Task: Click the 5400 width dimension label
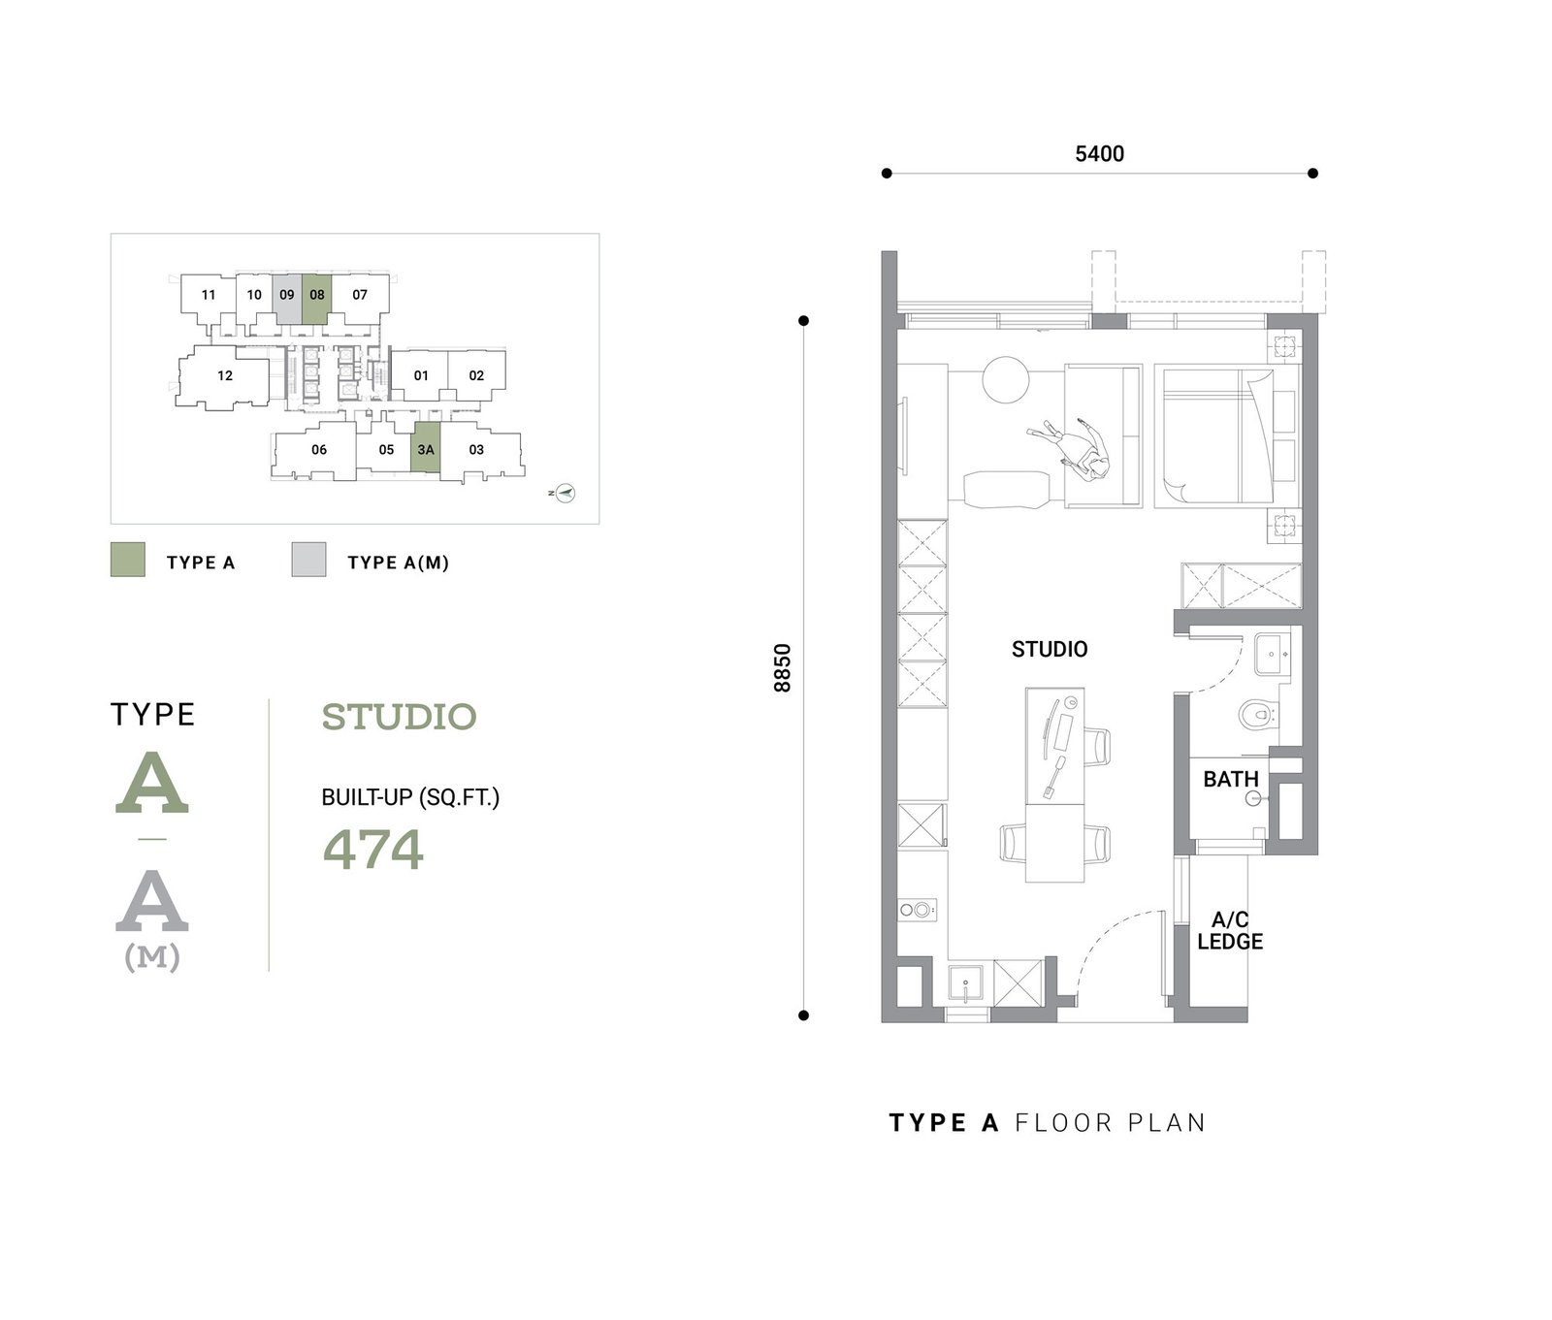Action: click(1099, 153)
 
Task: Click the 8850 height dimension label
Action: click(783, 668)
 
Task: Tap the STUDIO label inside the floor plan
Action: click(1050, 649)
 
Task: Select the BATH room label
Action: click(1231, 779)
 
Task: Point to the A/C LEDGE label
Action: click(1230, 930)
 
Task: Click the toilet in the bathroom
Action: click(1258, 716)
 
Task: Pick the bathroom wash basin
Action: click(1272, 654)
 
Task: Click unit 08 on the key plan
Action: click(316, 300)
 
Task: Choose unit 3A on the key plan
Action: click(426, 448)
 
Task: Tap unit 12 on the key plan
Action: click(225, 376)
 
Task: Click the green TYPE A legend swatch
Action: click(128, 560)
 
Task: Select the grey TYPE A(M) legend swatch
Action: click(308, 560)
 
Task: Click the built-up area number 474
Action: click(373, 849)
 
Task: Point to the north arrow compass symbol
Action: click(565, 494)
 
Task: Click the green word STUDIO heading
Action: click(399, 717)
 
